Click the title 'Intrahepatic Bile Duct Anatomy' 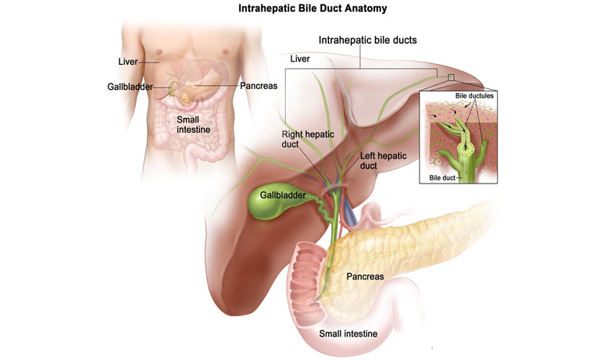(301, 9)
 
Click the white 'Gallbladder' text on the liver (283, 194)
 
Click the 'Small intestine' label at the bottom (349, 333)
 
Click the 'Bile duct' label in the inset (442, 177)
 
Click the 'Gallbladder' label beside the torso (130, 86)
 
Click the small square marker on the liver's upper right (450, 77)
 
